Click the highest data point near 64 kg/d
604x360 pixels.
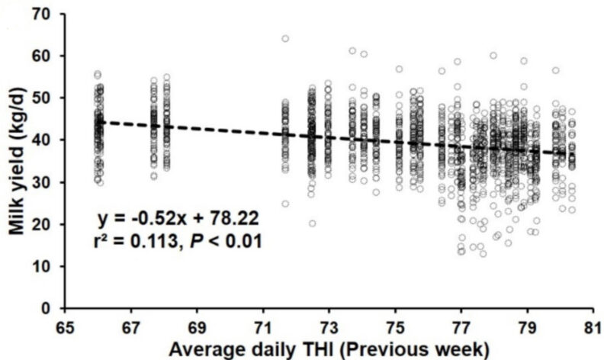coord(285,39)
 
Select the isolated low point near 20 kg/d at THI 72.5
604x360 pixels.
coord(313,223)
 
